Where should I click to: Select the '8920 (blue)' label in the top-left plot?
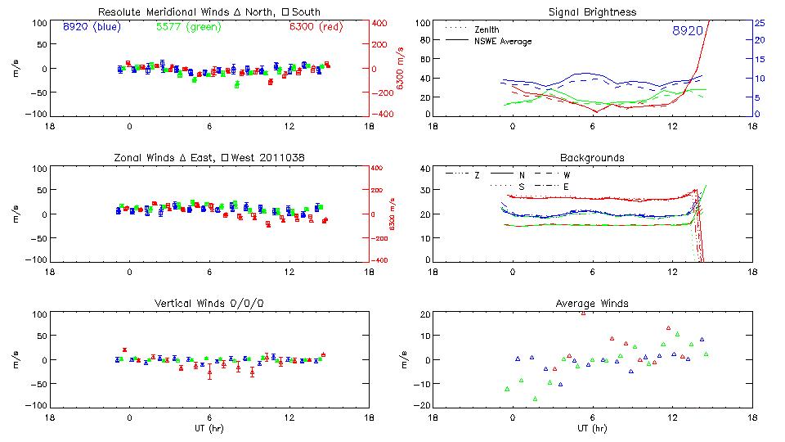91,26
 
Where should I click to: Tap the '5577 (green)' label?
188,26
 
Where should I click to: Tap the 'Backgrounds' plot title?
592,157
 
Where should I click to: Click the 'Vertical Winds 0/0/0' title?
209,304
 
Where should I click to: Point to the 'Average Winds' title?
592,304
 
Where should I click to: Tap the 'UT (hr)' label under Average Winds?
592,428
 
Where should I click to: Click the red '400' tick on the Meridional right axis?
380,23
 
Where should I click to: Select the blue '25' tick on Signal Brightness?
759,23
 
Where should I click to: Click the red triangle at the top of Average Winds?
583,313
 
